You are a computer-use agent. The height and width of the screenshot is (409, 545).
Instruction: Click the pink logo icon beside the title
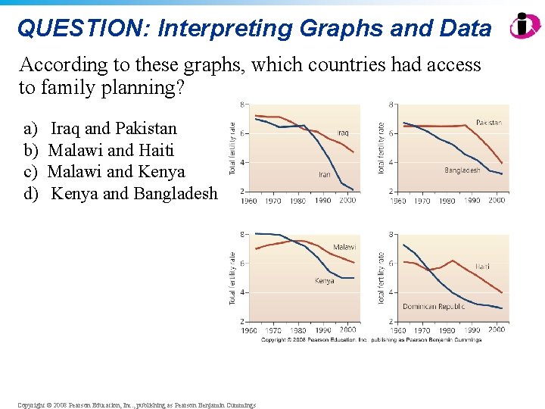pyautogui.click(x=524, y=25)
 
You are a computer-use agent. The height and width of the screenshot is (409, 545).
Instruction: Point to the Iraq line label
pyautogui.click(x=343, y=133)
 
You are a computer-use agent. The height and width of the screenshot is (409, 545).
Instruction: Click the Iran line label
pyautogui.click(x=324, y=174)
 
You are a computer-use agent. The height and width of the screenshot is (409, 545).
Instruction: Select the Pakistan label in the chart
pyautogui.click(x=489, y=122)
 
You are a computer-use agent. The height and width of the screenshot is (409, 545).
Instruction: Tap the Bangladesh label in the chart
pyautogui.click(x=462, y=170)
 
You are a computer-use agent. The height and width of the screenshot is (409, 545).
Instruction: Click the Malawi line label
pyautogui.click(x=344, y=247)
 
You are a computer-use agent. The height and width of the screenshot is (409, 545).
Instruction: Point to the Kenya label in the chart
pyautogui.click(x=324, y=281)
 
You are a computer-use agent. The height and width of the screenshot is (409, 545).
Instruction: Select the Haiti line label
pyautogui.click(x=483, y=266)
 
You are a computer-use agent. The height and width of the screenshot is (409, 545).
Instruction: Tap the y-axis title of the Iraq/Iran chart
pyautogui.click(x=234, y=147)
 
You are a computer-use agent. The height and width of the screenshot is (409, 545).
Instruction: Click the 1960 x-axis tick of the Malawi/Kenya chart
pyautogui.click(x=248, y=330)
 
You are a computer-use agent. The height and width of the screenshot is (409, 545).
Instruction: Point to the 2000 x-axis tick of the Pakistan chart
pyautogui.click(x=496, y=201)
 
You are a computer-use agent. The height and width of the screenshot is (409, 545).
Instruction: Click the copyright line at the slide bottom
pyautogui.click(x=137, y=405)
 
